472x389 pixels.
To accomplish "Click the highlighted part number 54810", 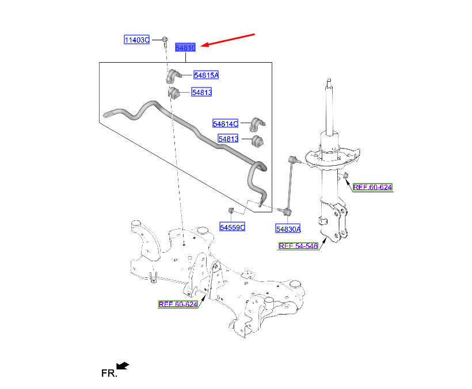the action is (x=185, y=48).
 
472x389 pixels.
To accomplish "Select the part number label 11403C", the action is (x=136, y=40).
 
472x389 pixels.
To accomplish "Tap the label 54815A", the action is (x=206, y=75).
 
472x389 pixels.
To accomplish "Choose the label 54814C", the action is (x=225, y=124).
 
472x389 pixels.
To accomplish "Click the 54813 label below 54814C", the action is (x=228, y=139).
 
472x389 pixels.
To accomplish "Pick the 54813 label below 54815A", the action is (x=201, y=92).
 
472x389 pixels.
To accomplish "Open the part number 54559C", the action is (x=232, y=227).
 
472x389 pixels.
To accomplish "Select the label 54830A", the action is (x=288, y=229).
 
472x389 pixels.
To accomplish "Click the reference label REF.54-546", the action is (x=298, y=246).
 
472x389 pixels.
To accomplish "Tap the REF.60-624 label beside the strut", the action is (x=372, y=187).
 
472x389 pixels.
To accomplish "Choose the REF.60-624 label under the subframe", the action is (x=178, y=304).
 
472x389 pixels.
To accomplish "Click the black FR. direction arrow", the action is (x=123, y=365).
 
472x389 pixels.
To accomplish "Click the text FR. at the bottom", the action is (x=109, y=373).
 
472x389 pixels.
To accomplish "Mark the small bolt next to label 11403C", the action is (x=165, y=41).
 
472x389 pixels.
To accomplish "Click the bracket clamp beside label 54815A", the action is (x=173, y=76).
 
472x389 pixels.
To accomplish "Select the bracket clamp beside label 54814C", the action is (x=257, y=124).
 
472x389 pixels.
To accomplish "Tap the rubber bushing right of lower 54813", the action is (x=257, y=142).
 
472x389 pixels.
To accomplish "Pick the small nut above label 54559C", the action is (x=231, y=209).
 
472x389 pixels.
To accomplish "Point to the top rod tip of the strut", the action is (x=329, y=80).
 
